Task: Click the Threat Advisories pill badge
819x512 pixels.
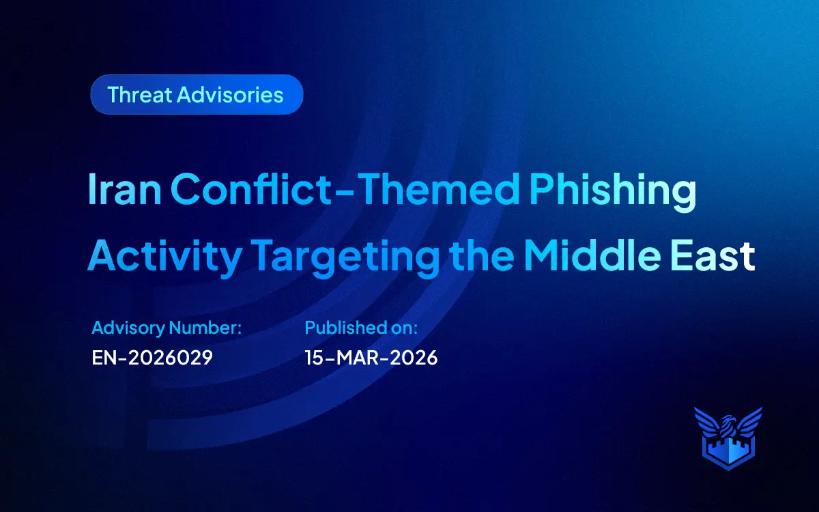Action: pyautogui.click(x=197, y=94)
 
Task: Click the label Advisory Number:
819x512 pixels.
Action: pyautogui.click(x=167, y=328)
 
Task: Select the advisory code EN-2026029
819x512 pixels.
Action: pyautogui.click(x=152, y=357)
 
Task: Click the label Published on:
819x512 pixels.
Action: pyautogui.click(x=361, y=328)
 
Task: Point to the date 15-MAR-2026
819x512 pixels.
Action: pyautogui.click(x=371, y=357)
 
